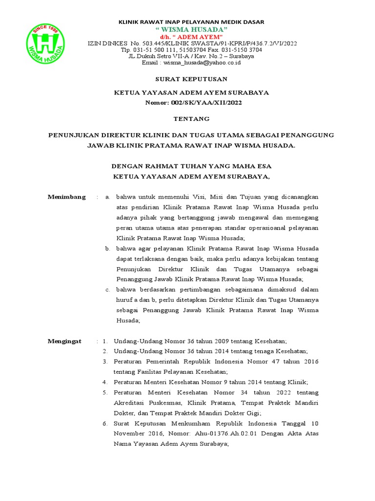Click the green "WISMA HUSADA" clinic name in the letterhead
pos(191,30)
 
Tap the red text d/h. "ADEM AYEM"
pos(191,37)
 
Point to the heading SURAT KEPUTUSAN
pos(191,79)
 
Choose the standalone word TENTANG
pos(191,119)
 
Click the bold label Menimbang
pos(66,197)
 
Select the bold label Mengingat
pos(64,341)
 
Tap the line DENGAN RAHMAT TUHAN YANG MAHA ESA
pos(191,167)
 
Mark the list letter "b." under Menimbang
pos(108,249)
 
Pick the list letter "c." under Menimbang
pos(108,290)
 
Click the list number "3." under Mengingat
pos(105,362)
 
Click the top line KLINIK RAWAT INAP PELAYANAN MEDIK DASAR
pos(192,22)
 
